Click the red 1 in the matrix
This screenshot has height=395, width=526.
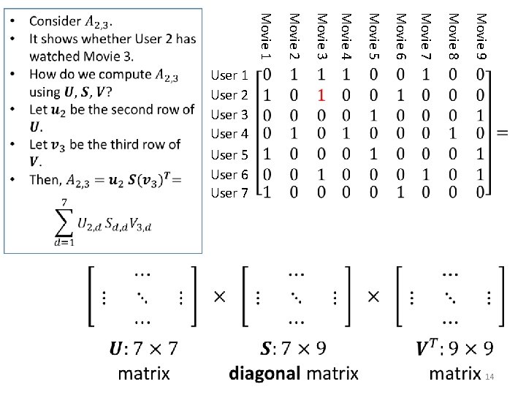point(320,94)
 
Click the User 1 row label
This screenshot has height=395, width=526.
point(229,75)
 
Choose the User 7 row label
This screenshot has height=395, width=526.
point(229,193)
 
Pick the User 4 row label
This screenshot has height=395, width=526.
point(229,134)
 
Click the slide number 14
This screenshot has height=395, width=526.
point(489,376)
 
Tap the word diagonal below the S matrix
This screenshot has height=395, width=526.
point(264,373)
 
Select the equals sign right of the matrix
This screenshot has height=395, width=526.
point(503,132)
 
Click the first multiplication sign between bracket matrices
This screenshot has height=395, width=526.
point(219,297)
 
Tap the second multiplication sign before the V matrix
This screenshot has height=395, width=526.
point(373,297)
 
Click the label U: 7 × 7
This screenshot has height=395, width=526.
point(144,347)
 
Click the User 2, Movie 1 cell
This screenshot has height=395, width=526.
point(267,94)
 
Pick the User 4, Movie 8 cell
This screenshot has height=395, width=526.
point(453,134)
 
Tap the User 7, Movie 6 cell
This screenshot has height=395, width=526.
point(400,193)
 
